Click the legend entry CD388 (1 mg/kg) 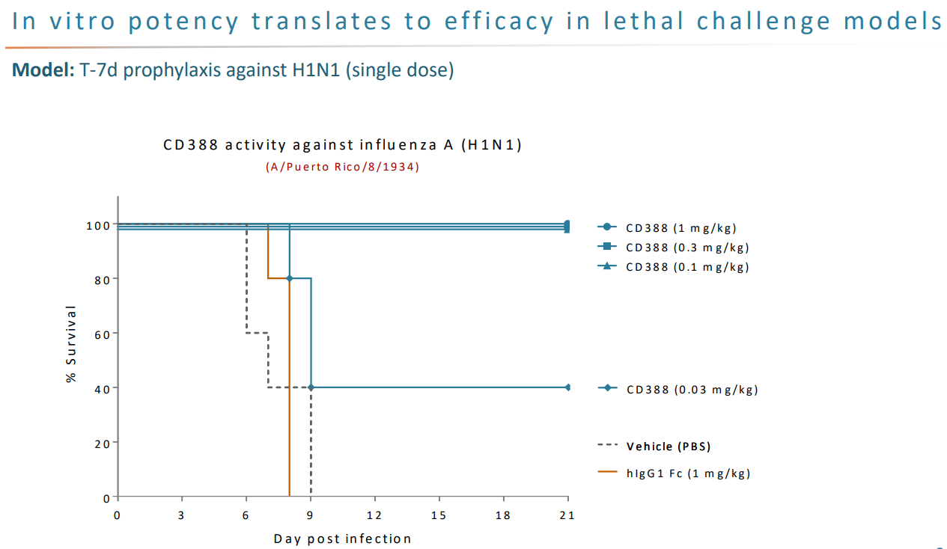[x=667, y=228]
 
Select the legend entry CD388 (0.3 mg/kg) [x=673, y=248]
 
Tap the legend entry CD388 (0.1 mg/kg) [x=673, y=267]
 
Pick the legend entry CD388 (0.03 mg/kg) [x=678, y=389]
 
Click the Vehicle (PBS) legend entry [x=654, y=447]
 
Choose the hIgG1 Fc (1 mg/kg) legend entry [x=675, y=473]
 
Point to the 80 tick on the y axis [x=103, y=280]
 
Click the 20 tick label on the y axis [x=103, y=444]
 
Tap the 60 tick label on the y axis [x=103, y=335]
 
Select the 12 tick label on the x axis [x=374, y=515]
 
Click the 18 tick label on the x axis [x=503, y=515]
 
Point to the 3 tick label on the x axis [x=181, y=515]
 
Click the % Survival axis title [x=71, y=344]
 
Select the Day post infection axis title [x=342, y=539]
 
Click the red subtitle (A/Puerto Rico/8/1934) [x=342, y=167]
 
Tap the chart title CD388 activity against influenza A [x=342, y=145]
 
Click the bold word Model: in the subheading [x=43, y=70]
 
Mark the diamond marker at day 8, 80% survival [x=290, y=278]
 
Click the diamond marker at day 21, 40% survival [x=567, y=387]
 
